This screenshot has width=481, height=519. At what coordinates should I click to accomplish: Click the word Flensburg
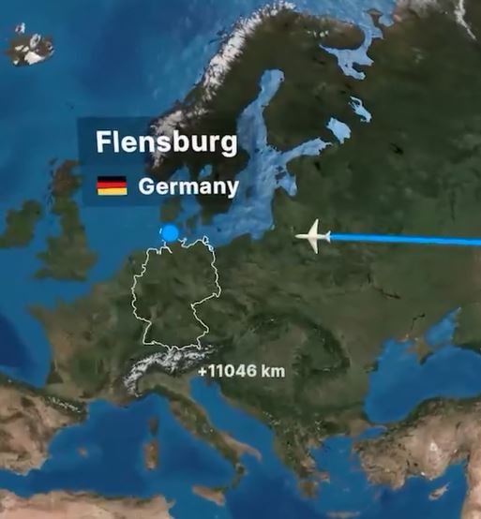click(x=167, y=143)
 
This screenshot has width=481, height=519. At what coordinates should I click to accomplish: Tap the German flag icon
click(x=112, y=185)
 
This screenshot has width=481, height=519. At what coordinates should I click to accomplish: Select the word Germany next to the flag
click(x=188, y=186)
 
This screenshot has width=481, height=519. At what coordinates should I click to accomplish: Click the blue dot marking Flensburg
click(x=170, y=233)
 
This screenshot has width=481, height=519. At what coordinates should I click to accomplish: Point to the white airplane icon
click(x=314, y=237)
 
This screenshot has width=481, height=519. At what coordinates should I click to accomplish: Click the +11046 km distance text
click(x=241, y=372)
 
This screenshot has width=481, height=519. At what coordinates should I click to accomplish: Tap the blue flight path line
click(x=413, y=241)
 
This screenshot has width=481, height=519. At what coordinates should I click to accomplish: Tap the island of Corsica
click(x=153, y=425)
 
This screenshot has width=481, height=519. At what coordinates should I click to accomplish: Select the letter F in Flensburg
click(x=104, y=143)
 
